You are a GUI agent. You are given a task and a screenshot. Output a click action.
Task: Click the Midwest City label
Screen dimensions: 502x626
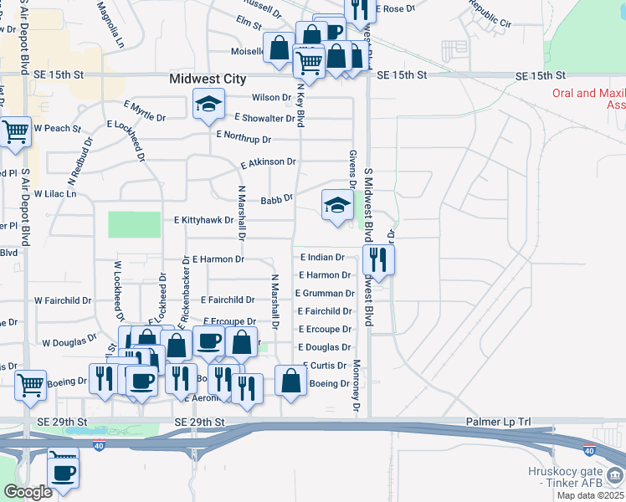[207, 79]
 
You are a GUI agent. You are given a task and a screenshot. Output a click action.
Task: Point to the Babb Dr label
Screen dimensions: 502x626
[276, 200]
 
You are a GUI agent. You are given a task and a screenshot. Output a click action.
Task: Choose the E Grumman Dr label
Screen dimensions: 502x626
[325, 294]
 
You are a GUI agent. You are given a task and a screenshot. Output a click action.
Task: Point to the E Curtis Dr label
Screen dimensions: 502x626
[322, 366]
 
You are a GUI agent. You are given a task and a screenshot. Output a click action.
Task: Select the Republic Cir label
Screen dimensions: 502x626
[490, 15]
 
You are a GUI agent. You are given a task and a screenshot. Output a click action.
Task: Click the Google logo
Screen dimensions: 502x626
[28, 492]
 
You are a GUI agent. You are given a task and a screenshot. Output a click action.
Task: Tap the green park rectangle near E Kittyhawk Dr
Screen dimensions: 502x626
[134, 224]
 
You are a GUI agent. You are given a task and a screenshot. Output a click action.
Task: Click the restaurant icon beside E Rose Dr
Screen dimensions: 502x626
[360, 9]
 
